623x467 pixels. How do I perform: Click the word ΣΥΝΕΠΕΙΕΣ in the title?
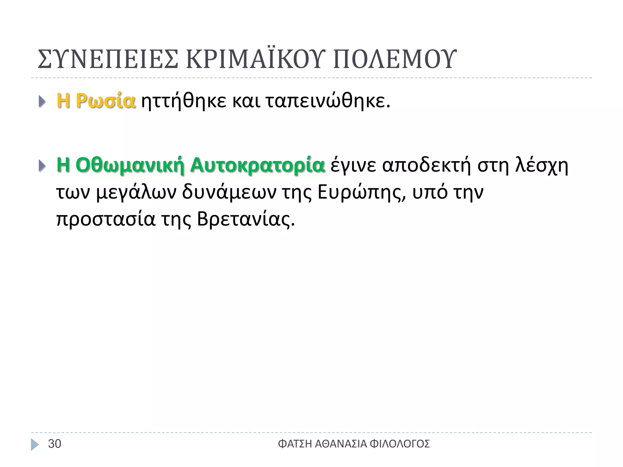click(108, 59)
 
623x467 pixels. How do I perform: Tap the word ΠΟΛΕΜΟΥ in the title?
click(395, 59)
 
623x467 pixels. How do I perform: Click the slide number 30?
click(55, 444)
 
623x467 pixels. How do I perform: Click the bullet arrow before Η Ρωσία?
click(42, 102)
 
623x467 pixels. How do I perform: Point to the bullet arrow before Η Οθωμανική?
click(42, 166)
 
